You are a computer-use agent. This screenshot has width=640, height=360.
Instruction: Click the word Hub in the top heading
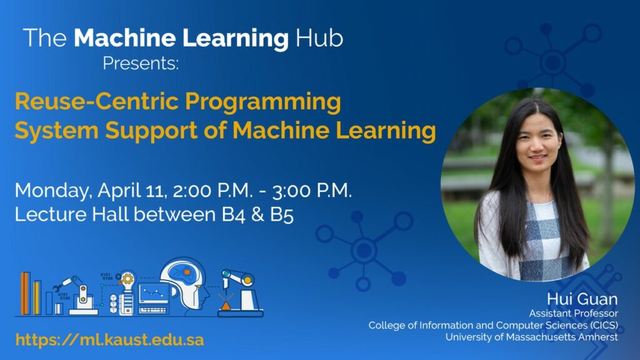319,38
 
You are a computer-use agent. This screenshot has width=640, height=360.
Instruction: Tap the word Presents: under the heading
141,63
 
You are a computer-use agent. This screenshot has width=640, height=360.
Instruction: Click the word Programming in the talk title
263,102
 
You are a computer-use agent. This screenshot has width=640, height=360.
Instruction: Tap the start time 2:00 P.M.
212,191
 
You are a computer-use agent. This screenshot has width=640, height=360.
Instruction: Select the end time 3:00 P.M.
312,191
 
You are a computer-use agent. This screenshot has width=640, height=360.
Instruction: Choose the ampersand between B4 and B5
257,215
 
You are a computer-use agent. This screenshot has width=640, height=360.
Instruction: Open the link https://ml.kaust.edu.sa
110,339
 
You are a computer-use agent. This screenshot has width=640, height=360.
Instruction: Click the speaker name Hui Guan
582,299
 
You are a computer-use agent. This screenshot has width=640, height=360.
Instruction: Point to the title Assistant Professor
574,314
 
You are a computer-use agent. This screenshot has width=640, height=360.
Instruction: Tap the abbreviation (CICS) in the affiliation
604,325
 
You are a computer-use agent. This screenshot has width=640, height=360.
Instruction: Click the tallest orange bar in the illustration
25,294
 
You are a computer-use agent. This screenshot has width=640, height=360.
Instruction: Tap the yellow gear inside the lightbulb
127,279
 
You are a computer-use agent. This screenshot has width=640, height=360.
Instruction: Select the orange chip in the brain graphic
187,271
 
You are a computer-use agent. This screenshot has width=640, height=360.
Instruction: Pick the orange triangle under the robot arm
225,306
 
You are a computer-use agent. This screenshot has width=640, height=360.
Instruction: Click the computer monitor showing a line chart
154,294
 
